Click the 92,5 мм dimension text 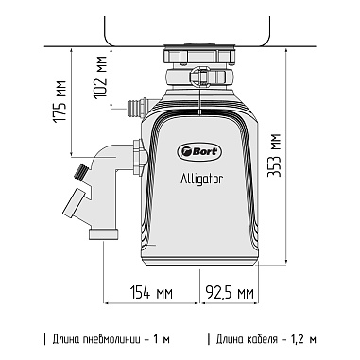[x=231, y=291]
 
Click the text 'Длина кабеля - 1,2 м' [x=267, y=339]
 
